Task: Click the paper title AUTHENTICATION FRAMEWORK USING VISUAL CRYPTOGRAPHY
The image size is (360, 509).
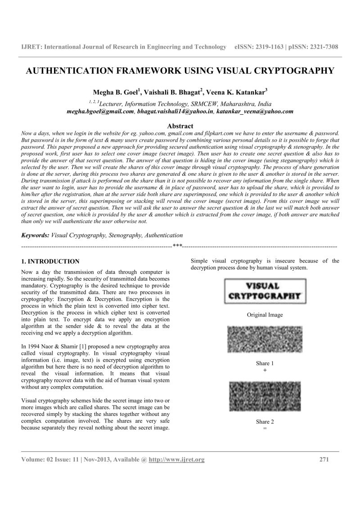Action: pos(180,71)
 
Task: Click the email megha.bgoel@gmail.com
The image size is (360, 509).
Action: pos(100,111)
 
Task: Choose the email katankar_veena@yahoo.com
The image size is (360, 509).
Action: pos(255,111)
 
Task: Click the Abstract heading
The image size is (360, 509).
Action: pos(180,126)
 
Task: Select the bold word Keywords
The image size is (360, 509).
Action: pos(35,235)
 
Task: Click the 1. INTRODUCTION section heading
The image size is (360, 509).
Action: pos(50,261)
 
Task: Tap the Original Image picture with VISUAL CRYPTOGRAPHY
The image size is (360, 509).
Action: pos(265,291)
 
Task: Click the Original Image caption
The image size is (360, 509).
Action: pos(265,315)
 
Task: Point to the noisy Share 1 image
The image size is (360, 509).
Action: pos(265,340)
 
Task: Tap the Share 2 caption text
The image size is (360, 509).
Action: pos(265,422)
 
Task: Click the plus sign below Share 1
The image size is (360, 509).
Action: pos(265,370)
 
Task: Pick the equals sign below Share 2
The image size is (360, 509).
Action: pos(265,429)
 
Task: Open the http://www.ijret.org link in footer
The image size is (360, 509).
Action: pos(176,459)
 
